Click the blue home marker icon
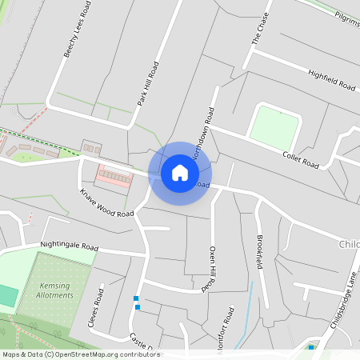(x=180, y=173)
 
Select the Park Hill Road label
(x=148, y=84)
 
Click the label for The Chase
(x=262, y=29)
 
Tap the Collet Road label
(x=301, y=159)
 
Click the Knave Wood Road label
(x=106, y=203)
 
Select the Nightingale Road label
(x=69, y=246)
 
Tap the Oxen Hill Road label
(x=210, y=270)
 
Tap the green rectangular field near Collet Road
(x=274, y=125)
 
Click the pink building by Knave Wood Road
(x=114, y=175)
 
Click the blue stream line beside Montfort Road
(x=244, y=320)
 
